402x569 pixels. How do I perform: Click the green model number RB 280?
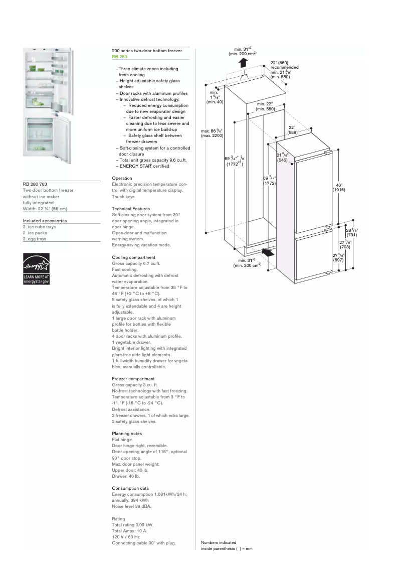[x=119, y=57]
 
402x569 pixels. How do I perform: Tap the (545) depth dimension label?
[x=282, y=160]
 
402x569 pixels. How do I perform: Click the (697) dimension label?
[x=338, y=260]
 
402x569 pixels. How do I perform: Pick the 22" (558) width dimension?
[x=292, y=130]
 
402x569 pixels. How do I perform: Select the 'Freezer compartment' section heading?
[x=133, y=379]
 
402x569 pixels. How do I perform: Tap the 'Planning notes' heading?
[x=127, y=434]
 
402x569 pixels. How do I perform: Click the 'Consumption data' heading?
[x=130, y=488]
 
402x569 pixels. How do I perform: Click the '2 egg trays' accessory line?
[x=35, y=239]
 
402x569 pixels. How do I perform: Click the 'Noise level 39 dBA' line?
[x=131, y=506]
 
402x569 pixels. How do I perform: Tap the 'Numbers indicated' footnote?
[x=219, y=542]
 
